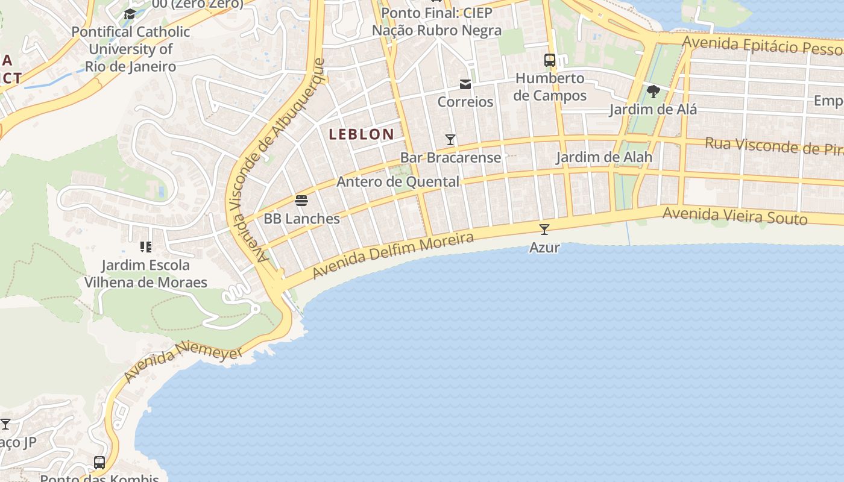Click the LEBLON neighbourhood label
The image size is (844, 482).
[x=362, y=134]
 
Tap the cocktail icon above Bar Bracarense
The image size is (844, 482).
[x=450, y=140]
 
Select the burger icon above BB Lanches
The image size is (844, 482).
[x=301, y=201]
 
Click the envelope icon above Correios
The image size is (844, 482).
[x=465, y=84]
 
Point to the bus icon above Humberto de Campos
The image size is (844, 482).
[x=550, y=60]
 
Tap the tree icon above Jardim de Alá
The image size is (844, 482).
[x=653, y=92]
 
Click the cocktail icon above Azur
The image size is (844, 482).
[x=544, y=230]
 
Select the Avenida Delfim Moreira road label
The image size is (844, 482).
[x=392, y=256]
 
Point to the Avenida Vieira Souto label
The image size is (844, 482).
[x=734, y=216]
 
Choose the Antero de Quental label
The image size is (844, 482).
[x=398, y=181]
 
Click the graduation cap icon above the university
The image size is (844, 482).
[x=130, y=14]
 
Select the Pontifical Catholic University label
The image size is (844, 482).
[x=131, y=49]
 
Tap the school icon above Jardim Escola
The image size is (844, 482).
[x=145, y=246]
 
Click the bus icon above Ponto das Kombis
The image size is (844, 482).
[x=99, y=463]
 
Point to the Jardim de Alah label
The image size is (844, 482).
[x=604, y=157]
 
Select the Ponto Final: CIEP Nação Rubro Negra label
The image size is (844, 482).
[x=436, y=22]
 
